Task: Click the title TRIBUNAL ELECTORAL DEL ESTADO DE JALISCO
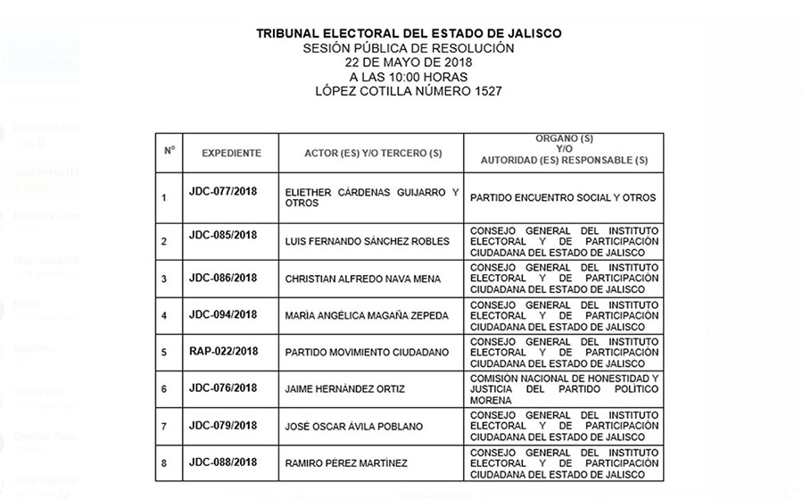click(x=409, y=33)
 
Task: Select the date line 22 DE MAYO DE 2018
click(x=409, y=62)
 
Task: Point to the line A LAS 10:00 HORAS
click(x=409, y=77)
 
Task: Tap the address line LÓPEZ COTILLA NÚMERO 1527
click(x=410, y=91)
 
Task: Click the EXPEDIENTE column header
click(x=231, y=153)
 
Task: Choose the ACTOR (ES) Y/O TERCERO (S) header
click(x=373, y=153)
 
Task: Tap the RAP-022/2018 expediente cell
click(x=223, y=351)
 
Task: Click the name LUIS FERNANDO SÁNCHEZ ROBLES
click(x=367, y=241)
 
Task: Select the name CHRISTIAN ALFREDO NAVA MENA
click(x=362, y=279)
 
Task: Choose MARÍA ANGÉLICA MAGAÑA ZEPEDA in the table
click(x=367, y=315)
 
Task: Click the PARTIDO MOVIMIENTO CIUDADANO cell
click(x=367, y=353)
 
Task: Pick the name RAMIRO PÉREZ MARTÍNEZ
click(x=345, y=463)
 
